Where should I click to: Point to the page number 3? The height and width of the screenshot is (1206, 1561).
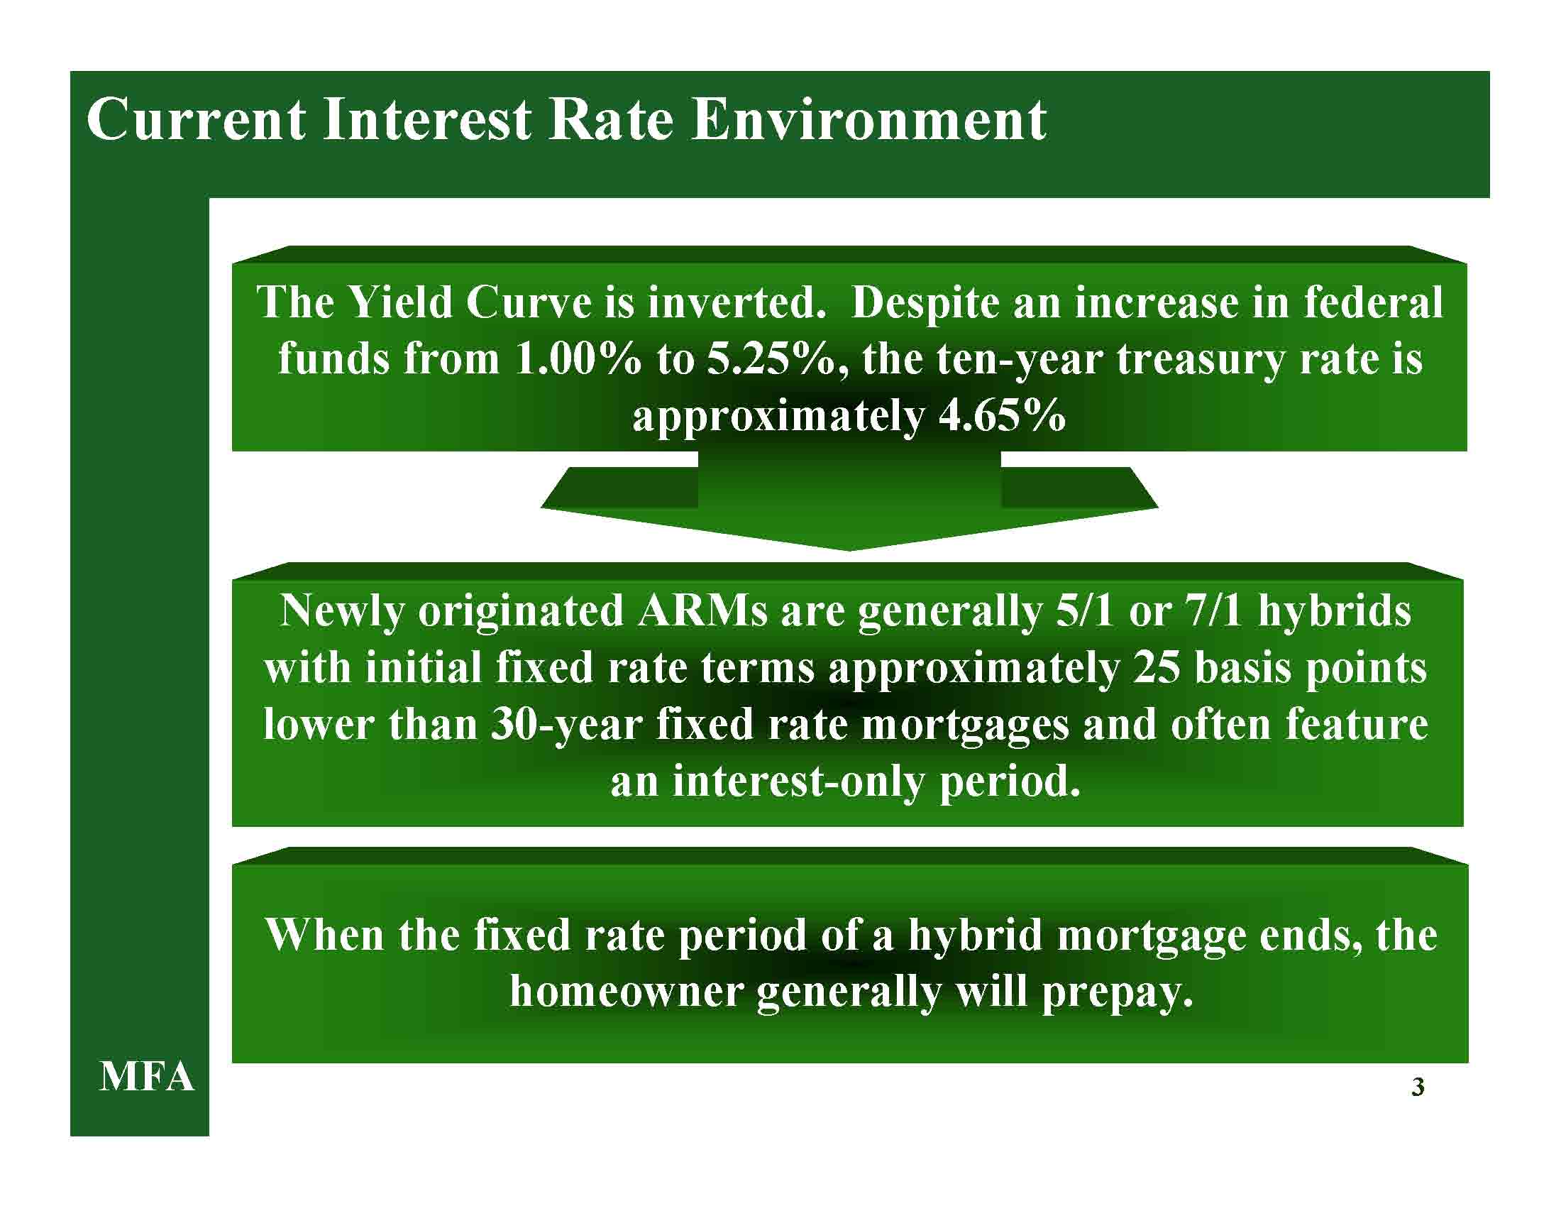click(x=1418, y=1087)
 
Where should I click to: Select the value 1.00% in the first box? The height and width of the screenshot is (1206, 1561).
click(x=578, y=358)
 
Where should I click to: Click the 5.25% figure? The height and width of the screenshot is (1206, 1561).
click(x=771, y=358)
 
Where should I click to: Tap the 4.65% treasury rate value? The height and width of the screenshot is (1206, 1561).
click(x=1001, y=415)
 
